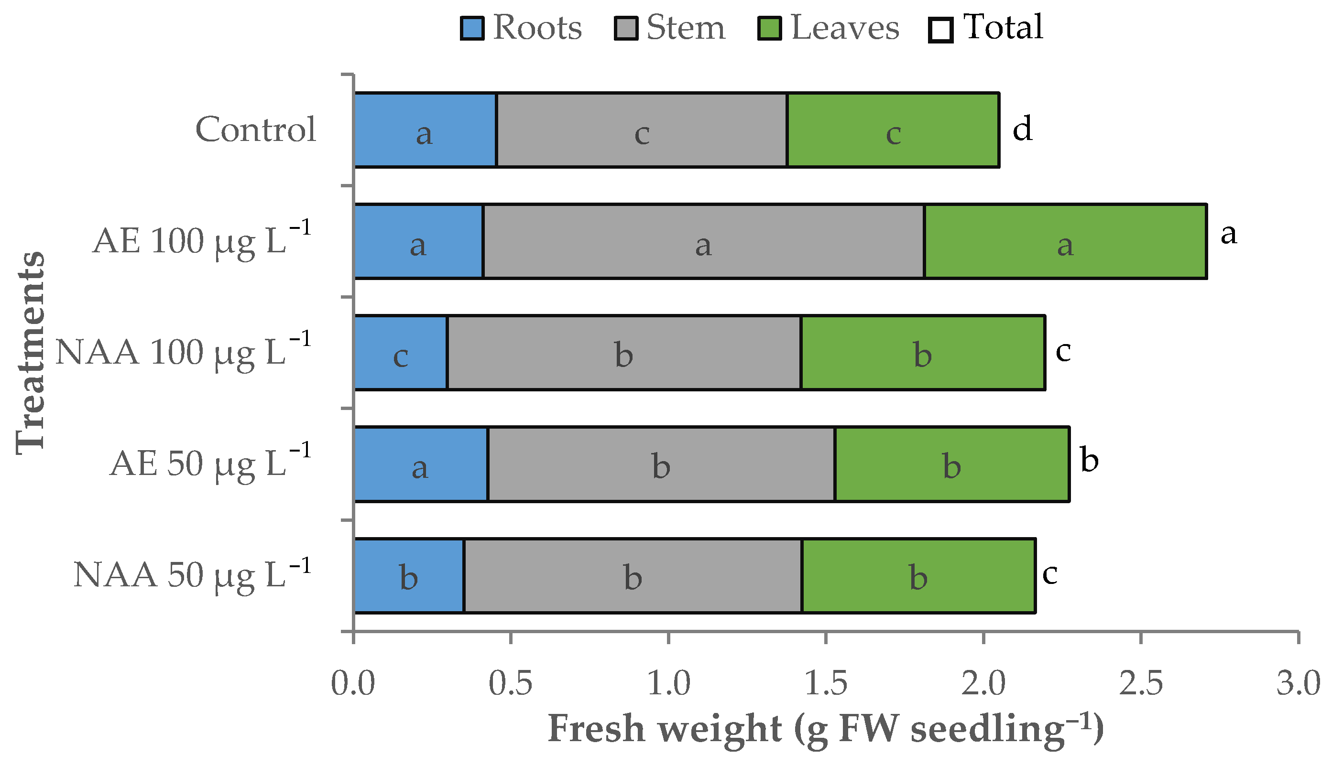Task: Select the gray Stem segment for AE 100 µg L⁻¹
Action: pyautogui.click(x=704, y=241)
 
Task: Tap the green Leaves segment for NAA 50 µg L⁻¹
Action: pyautogui.click(x=918, y=575)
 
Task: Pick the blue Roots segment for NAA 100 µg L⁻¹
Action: pyautogui.click(x=401, y=353)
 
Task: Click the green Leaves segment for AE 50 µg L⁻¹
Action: pyautogui.click(x=952, y=464)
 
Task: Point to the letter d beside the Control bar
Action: pyautogui.click(x=1022, y=129)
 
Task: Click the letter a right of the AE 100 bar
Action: pyautogui.click(x=1228, y=234)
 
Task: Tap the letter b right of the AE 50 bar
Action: pyautogui.click(x=1090, y=460)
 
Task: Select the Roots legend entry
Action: pyautogui.click(x=521, y=28)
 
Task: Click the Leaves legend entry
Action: pyautogui.click(x=829, y=28)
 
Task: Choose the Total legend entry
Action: pyautogui.click(x=986, y=28)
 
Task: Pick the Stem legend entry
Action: pyautogui.click(x=670, y=28)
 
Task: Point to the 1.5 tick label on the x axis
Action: pyautogui.click(x=826, y=684)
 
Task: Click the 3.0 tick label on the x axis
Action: pyautogui.click(x=1298, y=684)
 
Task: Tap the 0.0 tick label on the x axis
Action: pyautogui.click(x=353, y=684)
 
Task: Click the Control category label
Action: pyautogui.click(x=256, y=129)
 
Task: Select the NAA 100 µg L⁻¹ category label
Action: pyautogui.click(x=184, y=351)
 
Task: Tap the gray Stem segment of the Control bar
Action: pyautogui.click(x=642, y=130)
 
